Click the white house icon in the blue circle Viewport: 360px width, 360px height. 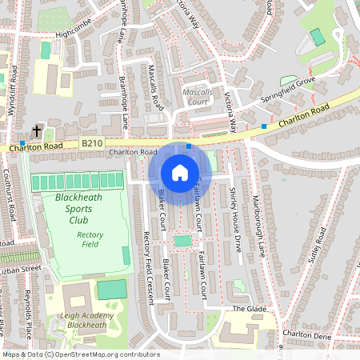[x=180, y=173]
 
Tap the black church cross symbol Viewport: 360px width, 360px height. [x=36, y=130]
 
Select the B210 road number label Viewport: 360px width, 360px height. [x=92, y=143]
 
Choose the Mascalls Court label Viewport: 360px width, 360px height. [x=197, y=97]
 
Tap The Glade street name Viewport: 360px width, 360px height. [x=248, y=309]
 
